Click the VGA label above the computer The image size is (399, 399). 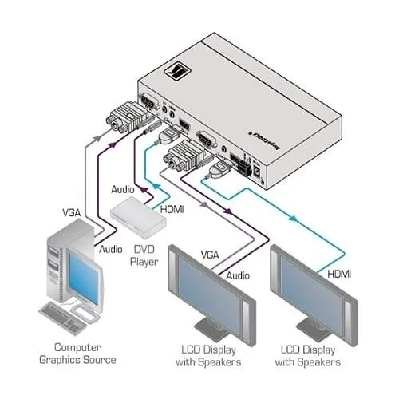point(73,214)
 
